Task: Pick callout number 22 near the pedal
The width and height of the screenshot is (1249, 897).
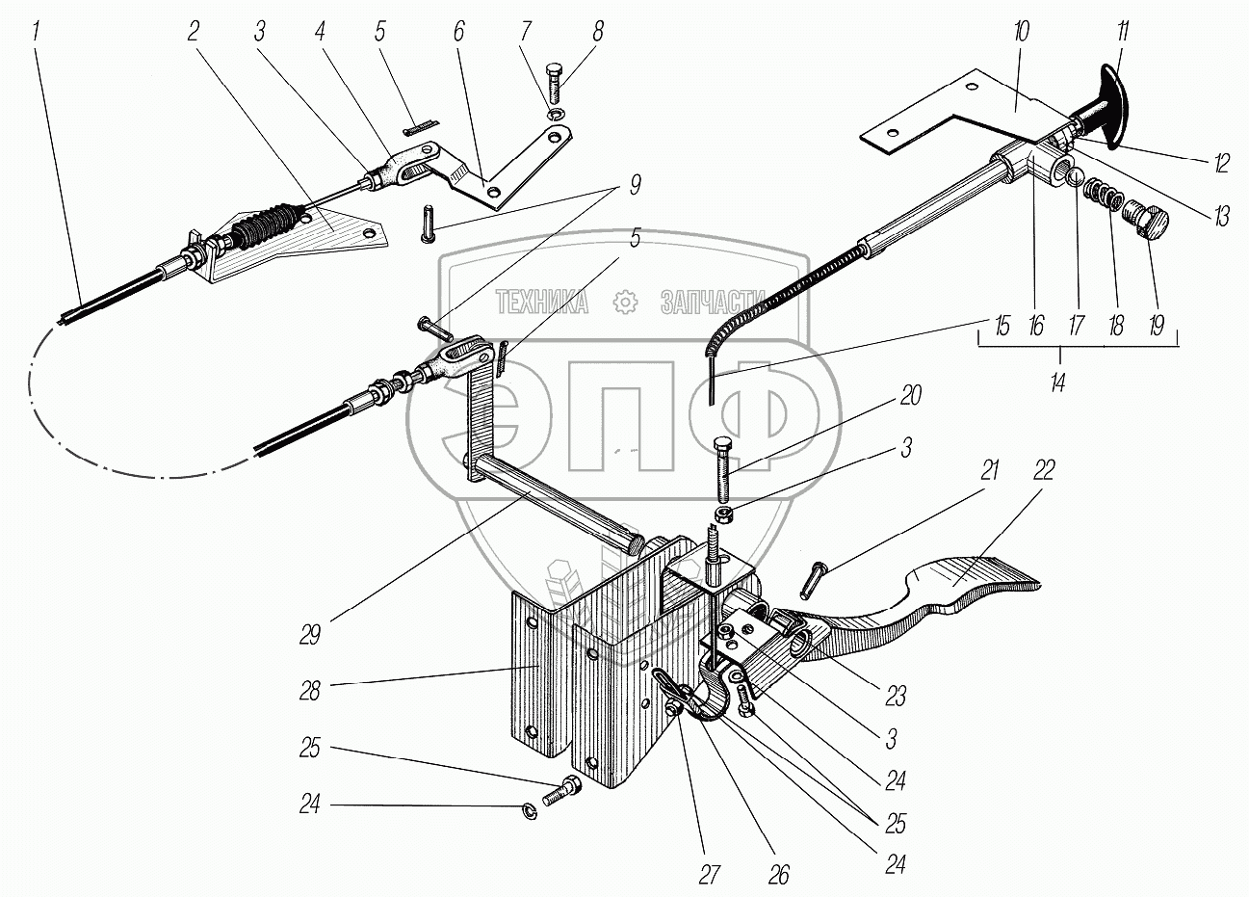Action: coord(1043,470)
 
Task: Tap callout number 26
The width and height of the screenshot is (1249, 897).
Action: coord(778,875)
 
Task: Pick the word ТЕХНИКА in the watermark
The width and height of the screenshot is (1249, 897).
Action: coord(541,303)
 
